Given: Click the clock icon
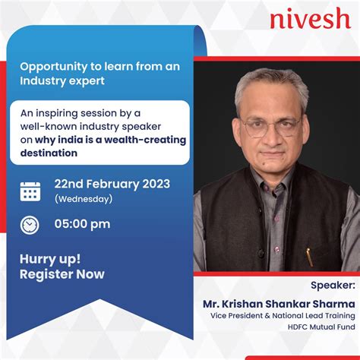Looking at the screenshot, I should [30, 224].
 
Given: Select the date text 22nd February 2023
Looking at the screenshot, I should [112, 184].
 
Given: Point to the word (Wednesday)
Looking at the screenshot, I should [84, 199].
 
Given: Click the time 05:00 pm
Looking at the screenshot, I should [82, 224].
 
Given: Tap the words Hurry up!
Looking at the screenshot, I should [50, 258].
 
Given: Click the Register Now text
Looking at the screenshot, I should [62, 273].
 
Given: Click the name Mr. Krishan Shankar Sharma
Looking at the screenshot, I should [279, 303].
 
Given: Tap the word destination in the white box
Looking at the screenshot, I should [49, 153].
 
